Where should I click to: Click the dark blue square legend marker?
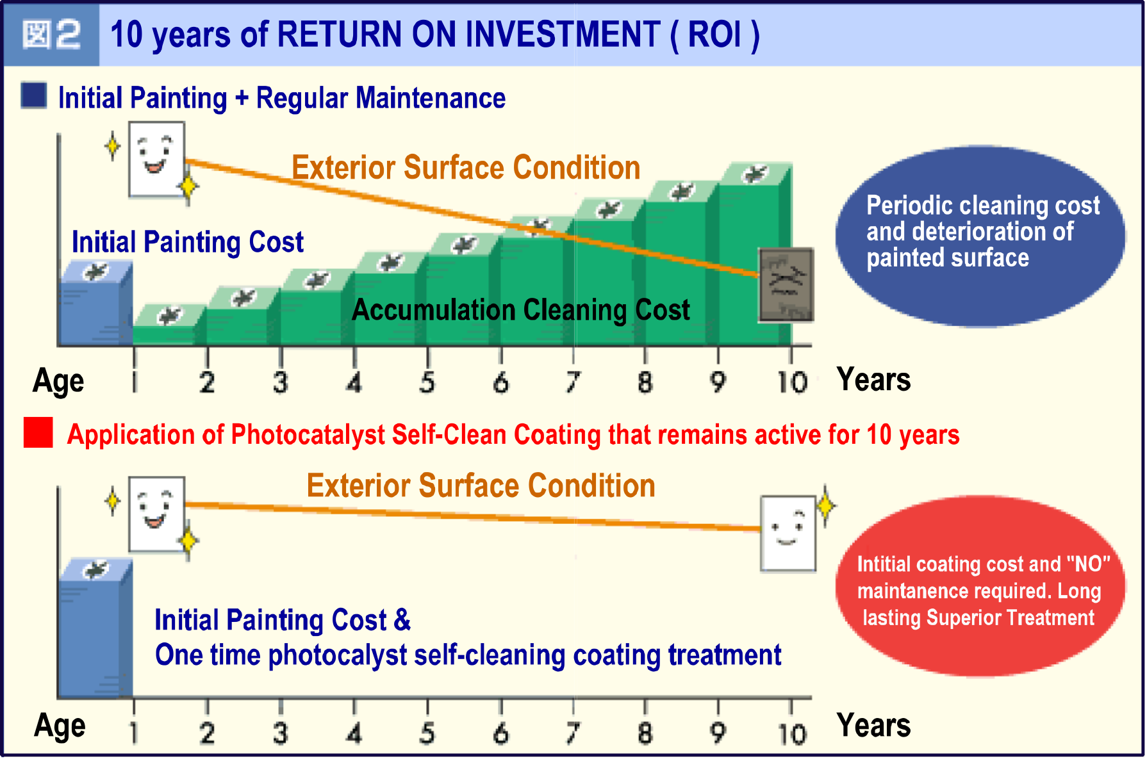coord(34,95)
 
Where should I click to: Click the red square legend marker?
coord(38,432)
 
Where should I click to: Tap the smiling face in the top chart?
coord(156,159)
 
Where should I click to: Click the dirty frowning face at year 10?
coord(786,284)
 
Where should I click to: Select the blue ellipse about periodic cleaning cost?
coord(980,236)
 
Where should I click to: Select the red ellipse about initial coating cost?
coord(980,585)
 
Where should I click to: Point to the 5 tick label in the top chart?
coord(427,382)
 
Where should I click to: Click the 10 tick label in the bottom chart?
coord(792,734)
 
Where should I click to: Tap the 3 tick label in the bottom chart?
coord(280,733)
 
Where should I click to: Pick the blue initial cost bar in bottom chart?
coord(95,628)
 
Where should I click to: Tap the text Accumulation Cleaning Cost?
coord(521,310)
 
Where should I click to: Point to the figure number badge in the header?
coord(51,35)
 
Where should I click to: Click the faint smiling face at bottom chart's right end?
coord(788,534)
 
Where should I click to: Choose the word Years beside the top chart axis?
coord(873,380)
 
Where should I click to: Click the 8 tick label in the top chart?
coord(645,382)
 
